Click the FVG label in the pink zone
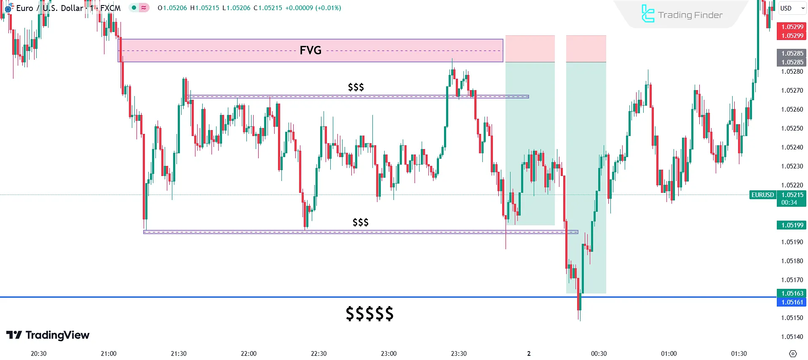coord(310,51)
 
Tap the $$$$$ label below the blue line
coord(369,314)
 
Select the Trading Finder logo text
coord(690,15)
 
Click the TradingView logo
coord(48,335)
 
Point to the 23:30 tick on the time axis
coord(459,354)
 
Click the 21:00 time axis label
coord(109,354)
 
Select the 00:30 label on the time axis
coord(599,354)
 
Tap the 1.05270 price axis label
coord(792,91)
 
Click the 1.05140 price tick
coord(792,337)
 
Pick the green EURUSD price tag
coord(763,195)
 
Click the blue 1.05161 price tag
coord(792,302)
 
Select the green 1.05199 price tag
coord(792,225)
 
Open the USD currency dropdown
coord(792,8)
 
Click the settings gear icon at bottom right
coord(793,354)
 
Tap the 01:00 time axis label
coord(669,354)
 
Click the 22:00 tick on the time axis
coord(249,354)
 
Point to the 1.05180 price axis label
coord(792,261)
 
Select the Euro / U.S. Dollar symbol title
coord(50,8)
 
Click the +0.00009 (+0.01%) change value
coord(313,8)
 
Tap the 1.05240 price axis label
coord(792,147)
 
